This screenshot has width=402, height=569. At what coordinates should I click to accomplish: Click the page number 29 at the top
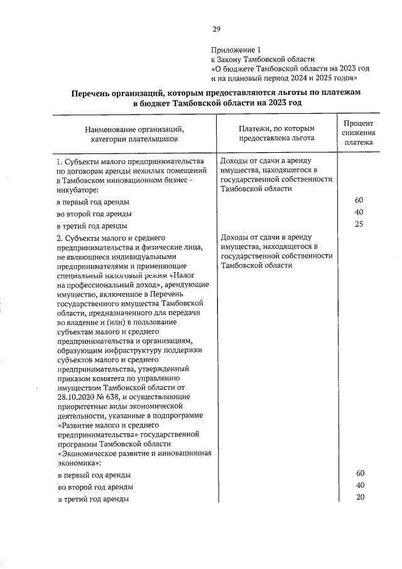click(x=216, y=29)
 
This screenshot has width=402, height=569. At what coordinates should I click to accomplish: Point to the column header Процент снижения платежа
click(x=359, y=133)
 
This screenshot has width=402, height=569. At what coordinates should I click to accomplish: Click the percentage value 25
click(x=359, y=224)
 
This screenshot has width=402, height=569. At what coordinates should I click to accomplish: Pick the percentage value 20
click(x=359, y=497)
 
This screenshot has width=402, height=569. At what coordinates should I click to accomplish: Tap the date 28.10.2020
click(x=75, y=397)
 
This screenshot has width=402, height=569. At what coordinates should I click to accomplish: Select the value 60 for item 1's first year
click(x=359, y=201)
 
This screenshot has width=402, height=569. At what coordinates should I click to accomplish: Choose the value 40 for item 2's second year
click(x=359, y=485)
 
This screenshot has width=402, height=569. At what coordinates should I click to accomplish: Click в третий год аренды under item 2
click(x=93, y=499)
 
